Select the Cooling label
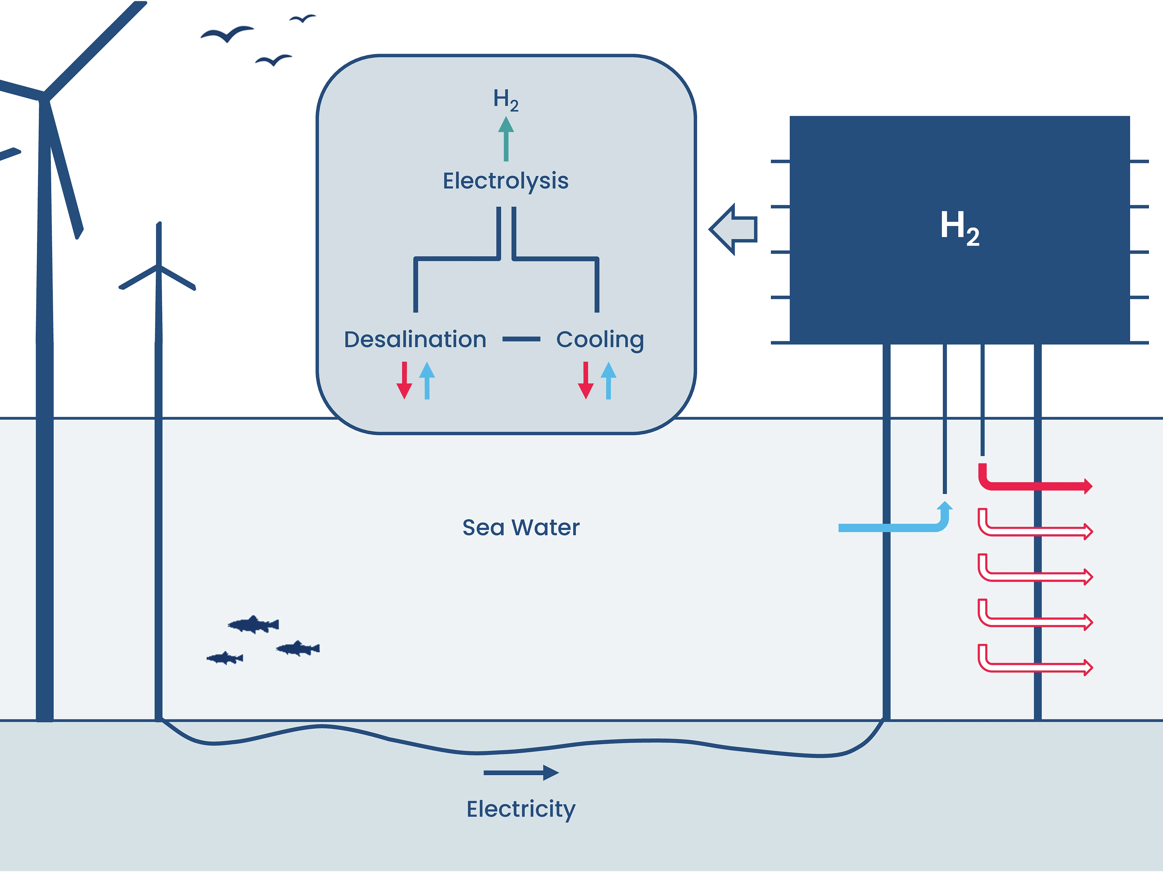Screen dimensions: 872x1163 click(600, 339)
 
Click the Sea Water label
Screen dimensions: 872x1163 click(520, 527)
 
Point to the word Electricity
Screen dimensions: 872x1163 click(520, 809)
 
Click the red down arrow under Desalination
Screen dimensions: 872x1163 click(404, 381)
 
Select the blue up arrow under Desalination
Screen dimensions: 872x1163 click(427, 381)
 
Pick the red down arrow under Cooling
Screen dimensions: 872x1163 click(585, 381)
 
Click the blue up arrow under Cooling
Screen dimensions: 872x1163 click(608, 381)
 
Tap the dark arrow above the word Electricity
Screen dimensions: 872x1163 click(520, 773)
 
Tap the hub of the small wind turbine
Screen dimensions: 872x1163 click(158, 266)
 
